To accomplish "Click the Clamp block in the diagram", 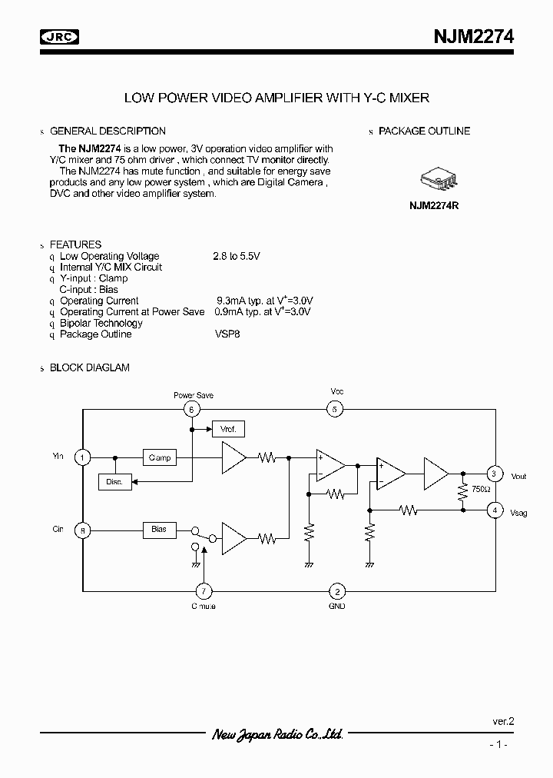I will point(159,457).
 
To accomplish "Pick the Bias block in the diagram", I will point(159,530).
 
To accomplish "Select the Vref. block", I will point(227,429).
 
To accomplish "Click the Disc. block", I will point(115,482).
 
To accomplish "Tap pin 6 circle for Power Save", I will point(192,409).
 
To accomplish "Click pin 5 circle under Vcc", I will point(336,409).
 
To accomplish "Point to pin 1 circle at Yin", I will point(82,457).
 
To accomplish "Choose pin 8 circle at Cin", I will point(82,530).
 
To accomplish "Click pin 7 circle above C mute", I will point(203,590).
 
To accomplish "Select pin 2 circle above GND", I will point(336,590).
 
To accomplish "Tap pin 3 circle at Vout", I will point(495,474).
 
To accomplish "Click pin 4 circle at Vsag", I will point(495,510).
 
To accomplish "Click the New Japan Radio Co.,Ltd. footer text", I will point(276,735).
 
